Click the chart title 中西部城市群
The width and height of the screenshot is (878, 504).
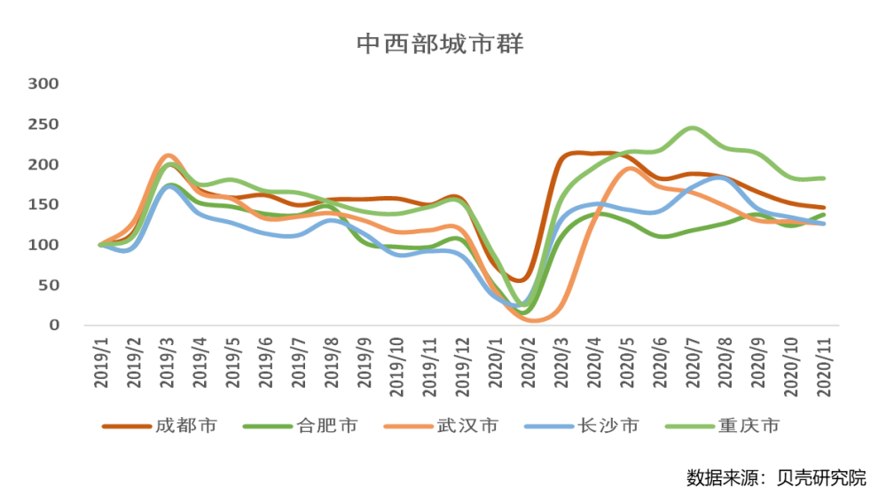(x=439, y=43)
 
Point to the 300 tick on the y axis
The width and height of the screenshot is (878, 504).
(x=43, y=83)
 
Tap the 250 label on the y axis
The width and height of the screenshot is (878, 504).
(x=43, y=124)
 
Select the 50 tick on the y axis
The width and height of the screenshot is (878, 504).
(x=49, y=285)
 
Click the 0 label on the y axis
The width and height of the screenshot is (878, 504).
(x=54, y=325)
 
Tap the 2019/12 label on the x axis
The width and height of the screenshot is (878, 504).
(x=464, y=364)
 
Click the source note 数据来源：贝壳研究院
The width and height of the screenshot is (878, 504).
(x=775, y=477)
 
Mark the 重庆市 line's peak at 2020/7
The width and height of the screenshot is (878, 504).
(x=693, y=129)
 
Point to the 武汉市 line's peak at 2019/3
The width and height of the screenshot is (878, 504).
(x=169, y=155)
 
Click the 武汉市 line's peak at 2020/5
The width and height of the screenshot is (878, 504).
(x=629, y=169)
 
